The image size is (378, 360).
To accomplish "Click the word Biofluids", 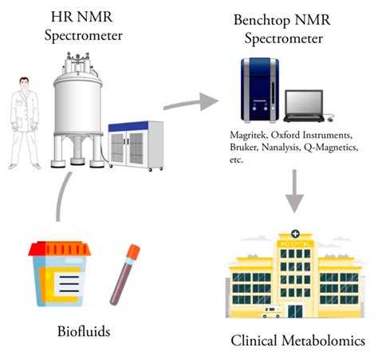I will coord(78,329).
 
